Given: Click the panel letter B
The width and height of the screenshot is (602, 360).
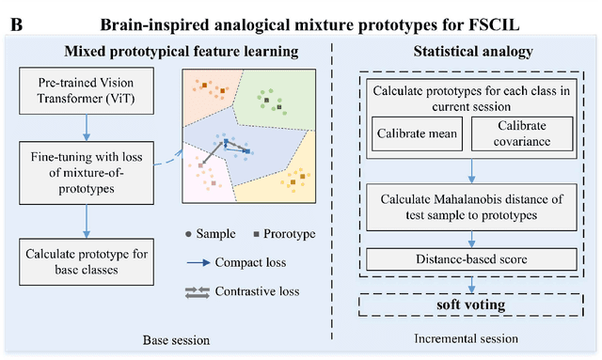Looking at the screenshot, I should coord(13,22).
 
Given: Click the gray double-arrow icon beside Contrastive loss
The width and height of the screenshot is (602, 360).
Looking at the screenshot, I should coord(198,291).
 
